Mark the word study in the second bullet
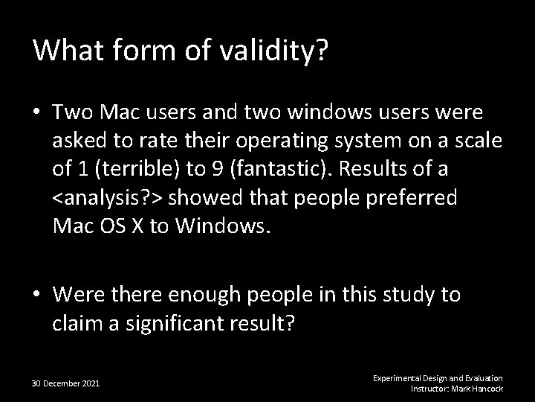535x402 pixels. pos(385,295)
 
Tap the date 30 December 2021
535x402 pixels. pos(66,383)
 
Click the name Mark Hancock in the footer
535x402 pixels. pos(477,389)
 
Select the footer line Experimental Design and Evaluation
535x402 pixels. pos(438,378)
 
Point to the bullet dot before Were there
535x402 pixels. pos(36,296)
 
